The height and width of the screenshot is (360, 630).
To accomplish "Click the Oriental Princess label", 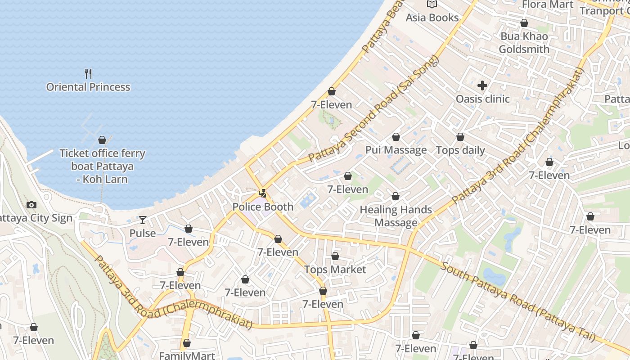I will pyautogui.click(x=88, y=87).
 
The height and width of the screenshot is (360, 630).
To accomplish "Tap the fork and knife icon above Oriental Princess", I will pyautogui.click(x=88, y=73).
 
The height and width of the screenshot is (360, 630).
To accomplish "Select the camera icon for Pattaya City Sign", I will pyautogui.click(x=31, y=205).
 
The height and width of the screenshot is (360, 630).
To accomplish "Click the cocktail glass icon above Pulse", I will pyautogui.click(x=143, y=220).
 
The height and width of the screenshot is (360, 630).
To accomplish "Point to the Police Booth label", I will pyautogui.click(x=263, y=207).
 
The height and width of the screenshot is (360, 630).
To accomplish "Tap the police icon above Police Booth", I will pyautogui.click(x=263, y=194).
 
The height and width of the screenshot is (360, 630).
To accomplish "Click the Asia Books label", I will pyautogui.click(x=432, y=18).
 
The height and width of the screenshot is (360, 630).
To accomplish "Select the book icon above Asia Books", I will pyautogui.click(x=432, y=4).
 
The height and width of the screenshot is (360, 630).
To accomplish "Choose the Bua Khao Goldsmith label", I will pyautogui.click(x=524, y=43).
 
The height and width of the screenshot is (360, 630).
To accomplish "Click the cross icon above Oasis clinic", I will pyautogui.click(x=482, y=85).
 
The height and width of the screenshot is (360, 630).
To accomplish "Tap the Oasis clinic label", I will pyautogui.click(x=482, y=99).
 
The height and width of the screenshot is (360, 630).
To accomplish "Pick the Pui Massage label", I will pyautogui.click(x=396, y=150).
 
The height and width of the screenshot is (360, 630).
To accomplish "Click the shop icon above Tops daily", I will pyautogui.click(x=460, y=137).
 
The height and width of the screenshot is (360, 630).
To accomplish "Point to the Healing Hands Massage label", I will pyautogui.click(x=396, y=216).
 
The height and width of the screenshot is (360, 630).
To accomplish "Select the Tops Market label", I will pyautogui.click(x=335, y=270).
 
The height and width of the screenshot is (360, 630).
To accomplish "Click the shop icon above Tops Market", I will pyautogui.click(x=335, y=256).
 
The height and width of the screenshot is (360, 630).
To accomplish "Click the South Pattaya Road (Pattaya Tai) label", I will pyautogui.click(x=517, y=301).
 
